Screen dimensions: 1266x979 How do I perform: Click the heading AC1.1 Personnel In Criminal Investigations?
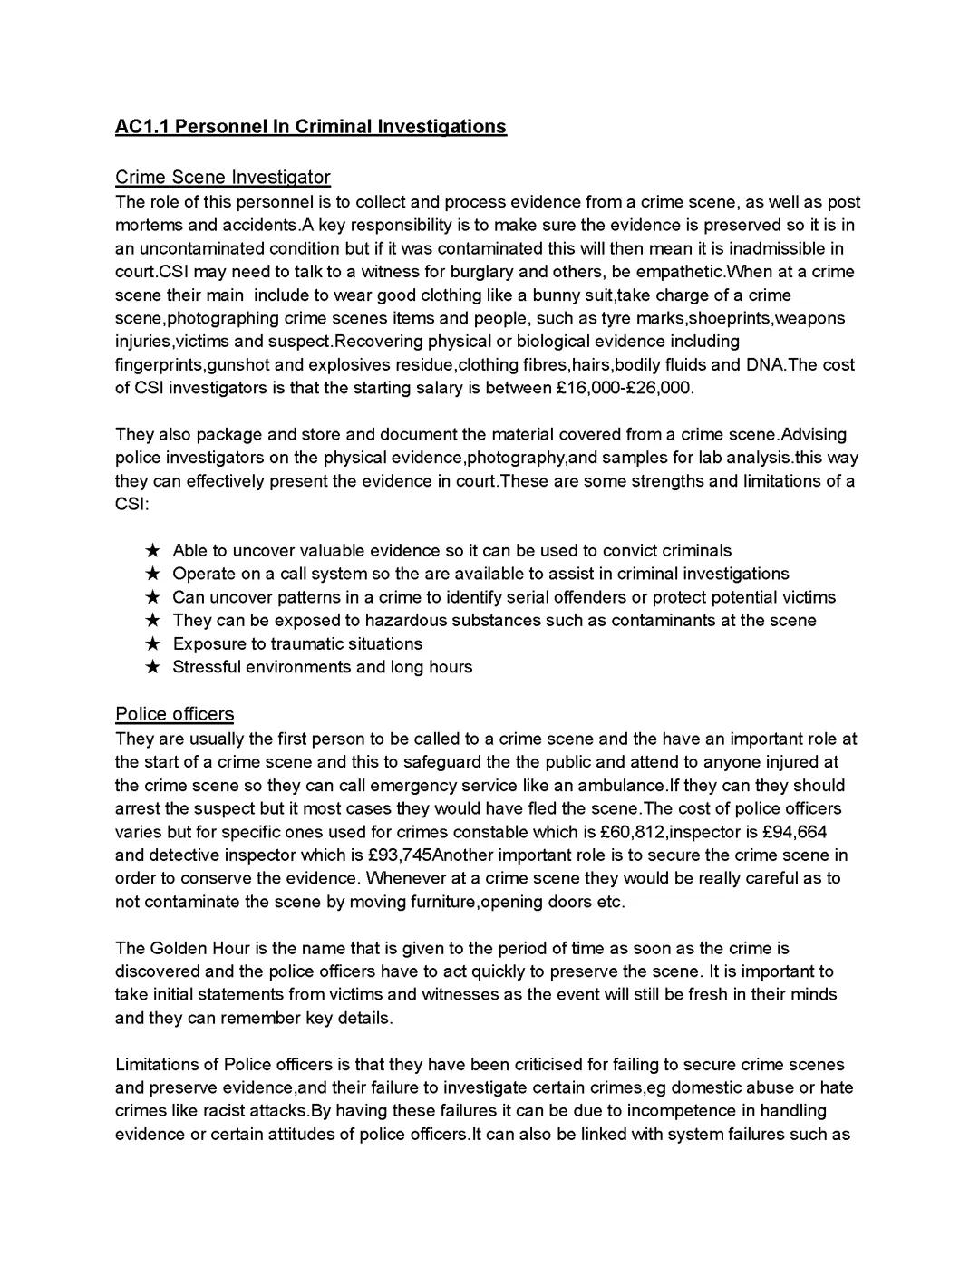click(310, 126)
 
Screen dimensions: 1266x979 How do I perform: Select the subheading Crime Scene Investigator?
click(222, 177)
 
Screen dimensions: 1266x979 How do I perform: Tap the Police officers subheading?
click(174, 714)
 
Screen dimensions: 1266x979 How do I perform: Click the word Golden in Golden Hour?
click(179, 948)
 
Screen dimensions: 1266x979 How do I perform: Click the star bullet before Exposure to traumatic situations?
click(153, 643)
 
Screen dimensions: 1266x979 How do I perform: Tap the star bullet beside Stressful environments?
click(153, 667)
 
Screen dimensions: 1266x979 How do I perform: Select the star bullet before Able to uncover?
click(153, 550)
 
